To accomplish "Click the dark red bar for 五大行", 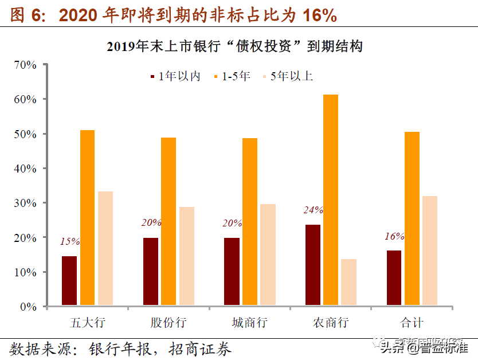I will pyautogui.click(x=69, y=280).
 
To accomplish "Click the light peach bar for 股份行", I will pyautogui.click(x=186, y=256).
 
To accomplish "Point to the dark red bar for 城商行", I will pyautogui.click(x=232, y=271).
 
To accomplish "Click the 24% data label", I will pyautogui.click(x=314, y=210).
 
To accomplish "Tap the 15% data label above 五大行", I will pyautogui.click(x=70, y=242).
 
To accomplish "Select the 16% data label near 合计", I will pyautogui.click(x=394, y=236).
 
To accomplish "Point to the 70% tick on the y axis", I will pyautogui.click(x=25, y=65).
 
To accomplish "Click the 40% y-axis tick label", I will pyautogui.click(x=25, y=169).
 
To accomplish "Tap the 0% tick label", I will pyautogui.click(x=29, y=307).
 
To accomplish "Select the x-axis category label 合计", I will pyautogui.click(x=412, y=322).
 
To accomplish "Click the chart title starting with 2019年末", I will pyautogui.click(x=234, y=46).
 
